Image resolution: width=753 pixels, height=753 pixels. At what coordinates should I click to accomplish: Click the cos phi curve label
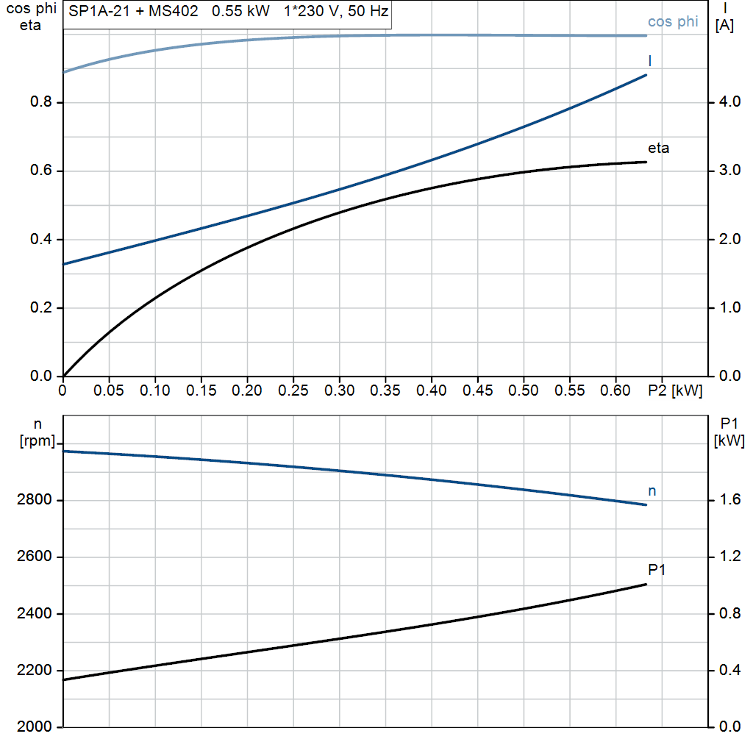tap(673, 22)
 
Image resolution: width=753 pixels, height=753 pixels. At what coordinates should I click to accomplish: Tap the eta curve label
tap(658, 149)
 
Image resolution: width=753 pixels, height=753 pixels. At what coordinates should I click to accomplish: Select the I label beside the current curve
tap(650, 60)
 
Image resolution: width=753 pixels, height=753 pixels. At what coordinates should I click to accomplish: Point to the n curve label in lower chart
tap(652, 490)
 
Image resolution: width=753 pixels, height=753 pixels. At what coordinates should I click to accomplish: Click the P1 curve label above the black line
tap(657, 569)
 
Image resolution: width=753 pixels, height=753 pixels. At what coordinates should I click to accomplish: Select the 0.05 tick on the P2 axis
tap(110, 391)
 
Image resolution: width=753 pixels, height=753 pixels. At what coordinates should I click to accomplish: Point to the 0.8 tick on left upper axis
tap(40, 102)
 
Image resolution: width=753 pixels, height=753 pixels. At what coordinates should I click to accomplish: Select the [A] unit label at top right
tap(724, 24)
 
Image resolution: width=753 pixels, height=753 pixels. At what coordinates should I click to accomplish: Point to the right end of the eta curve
tap(646, 162)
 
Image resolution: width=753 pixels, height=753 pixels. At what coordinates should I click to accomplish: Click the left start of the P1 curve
tap(64, 679)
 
